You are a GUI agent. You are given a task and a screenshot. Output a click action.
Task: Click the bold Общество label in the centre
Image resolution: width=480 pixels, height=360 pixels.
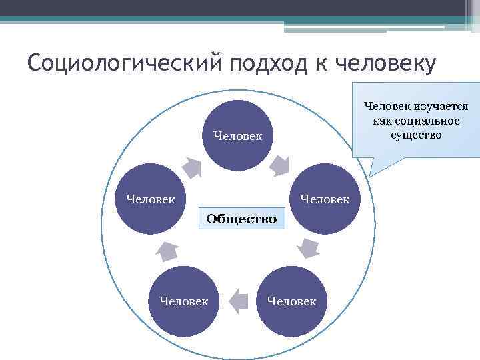click(241, 218)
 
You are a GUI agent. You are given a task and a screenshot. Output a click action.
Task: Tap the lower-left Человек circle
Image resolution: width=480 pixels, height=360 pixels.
click(183, 301)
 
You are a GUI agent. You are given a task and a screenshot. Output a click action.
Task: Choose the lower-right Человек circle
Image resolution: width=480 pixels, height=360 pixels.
click(291, 301)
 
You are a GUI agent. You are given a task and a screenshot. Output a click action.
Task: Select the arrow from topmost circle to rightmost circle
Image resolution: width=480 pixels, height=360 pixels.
click(280, 164)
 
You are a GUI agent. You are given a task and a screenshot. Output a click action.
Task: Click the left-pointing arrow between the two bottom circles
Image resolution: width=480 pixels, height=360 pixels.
click(237, 301)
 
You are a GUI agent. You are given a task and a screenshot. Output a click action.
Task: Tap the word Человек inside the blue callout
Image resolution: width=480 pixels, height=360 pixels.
click(387, 107)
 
